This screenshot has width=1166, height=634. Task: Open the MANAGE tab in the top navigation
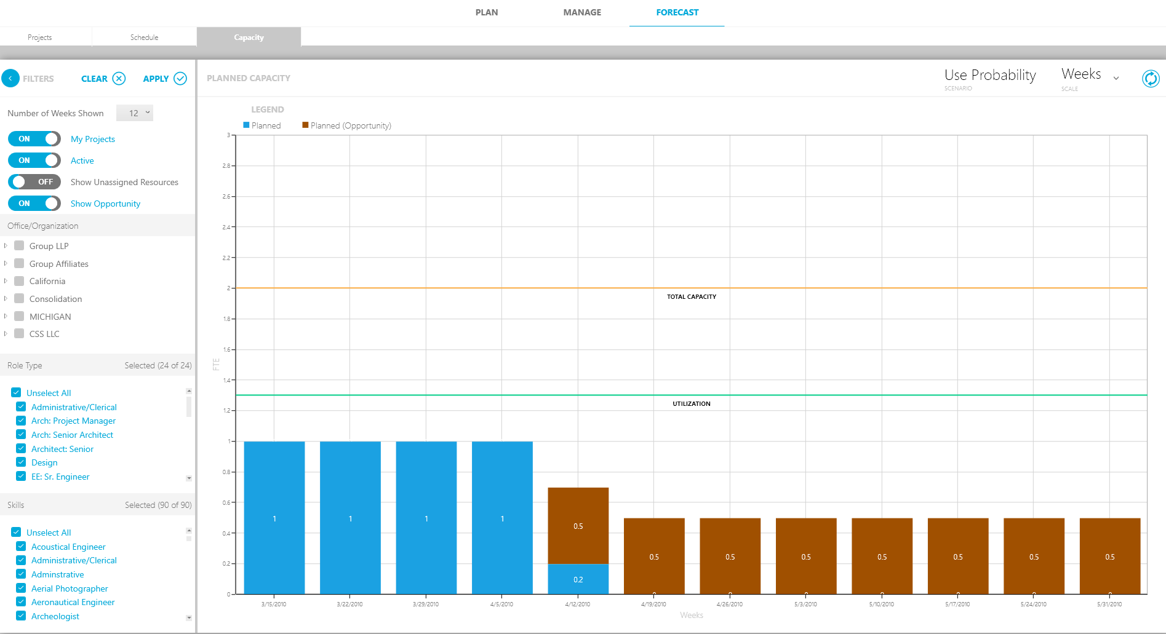click(x=582, y=12)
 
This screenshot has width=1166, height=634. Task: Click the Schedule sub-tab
click(x=144, y=38)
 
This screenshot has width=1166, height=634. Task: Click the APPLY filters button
click(x=164, y=79)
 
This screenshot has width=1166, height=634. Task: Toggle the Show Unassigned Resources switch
click(x=34, y=182)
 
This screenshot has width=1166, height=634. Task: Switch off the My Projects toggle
click(x=34, y=139)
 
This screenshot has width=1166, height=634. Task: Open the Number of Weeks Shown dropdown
click(x=135, y=113)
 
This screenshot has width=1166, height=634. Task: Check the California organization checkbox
click(x=19, y=281)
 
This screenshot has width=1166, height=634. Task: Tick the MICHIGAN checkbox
click(x=19, y=317)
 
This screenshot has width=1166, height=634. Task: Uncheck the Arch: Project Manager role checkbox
click(x=21, y=421)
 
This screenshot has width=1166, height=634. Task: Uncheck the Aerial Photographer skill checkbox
click(x=21, y=588)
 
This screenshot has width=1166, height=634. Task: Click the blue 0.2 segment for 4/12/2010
click(x=578, y=579)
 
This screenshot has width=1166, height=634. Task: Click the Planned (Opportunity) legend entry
click(x=346, y=125)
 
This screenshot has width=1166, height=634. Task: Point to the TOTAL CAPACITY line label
click(x=692, y=297)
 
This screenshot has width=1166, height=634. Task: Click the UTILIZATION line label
click(x=691, y=404)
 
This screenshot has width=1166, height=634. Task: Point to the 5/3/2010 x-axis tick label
click(x=805, y=604)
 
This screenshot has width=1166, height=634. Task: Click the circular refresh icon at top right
click(x=1150, y=79)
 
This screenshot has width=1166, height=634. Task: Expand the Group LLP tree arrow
click(x=6, y=246)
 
